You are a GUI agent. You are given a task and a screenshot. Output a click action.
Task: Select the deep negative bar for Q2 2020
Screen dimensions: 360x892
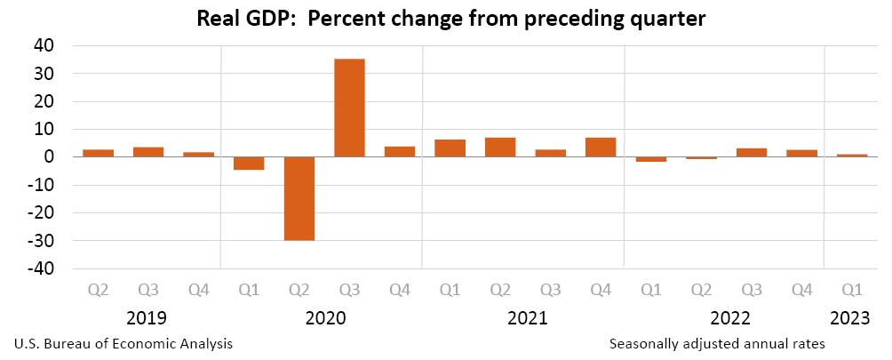click(299, 198)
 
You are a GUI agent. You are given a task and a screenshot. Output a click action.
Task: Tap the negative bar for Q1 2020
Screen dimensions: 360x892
click(249, 164)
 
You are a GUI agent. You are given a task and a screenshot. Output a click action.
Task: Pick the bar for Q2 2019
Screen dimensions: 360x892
click(98, 153)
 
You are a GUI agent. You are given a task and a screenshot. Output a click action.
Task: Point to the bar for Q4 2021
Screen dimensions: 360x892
click(601, 148)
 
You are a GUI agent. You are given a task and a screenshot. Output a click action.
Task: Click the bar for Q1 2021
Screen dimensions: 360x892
click(450, 148)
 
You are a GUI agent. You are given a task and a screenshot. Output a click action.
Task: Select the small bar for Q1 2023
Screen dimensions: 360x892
click(852, 156)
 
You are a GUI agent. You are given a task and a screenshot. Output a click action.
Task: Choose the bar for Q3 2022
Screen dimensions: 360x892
click(752, 152)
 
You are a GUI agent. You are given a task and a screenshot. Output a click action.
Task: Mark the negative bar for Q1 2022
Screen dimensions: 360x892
click(651, 159)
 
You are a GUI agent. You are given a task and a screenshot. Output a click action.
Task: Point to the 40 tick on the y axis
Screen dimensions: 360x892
click(44, 46)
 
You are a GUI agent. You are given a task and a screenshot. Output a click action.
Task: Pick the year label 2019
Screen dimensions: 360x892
click(147, 317)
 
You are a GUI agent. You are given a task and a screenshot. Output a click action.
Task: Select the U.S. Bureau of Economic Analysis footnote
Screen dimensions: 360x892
click(123, 343)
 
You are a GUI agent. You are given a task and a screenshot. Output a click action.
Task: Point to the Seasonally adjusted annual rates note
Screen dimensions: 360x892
click(718, 343)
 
